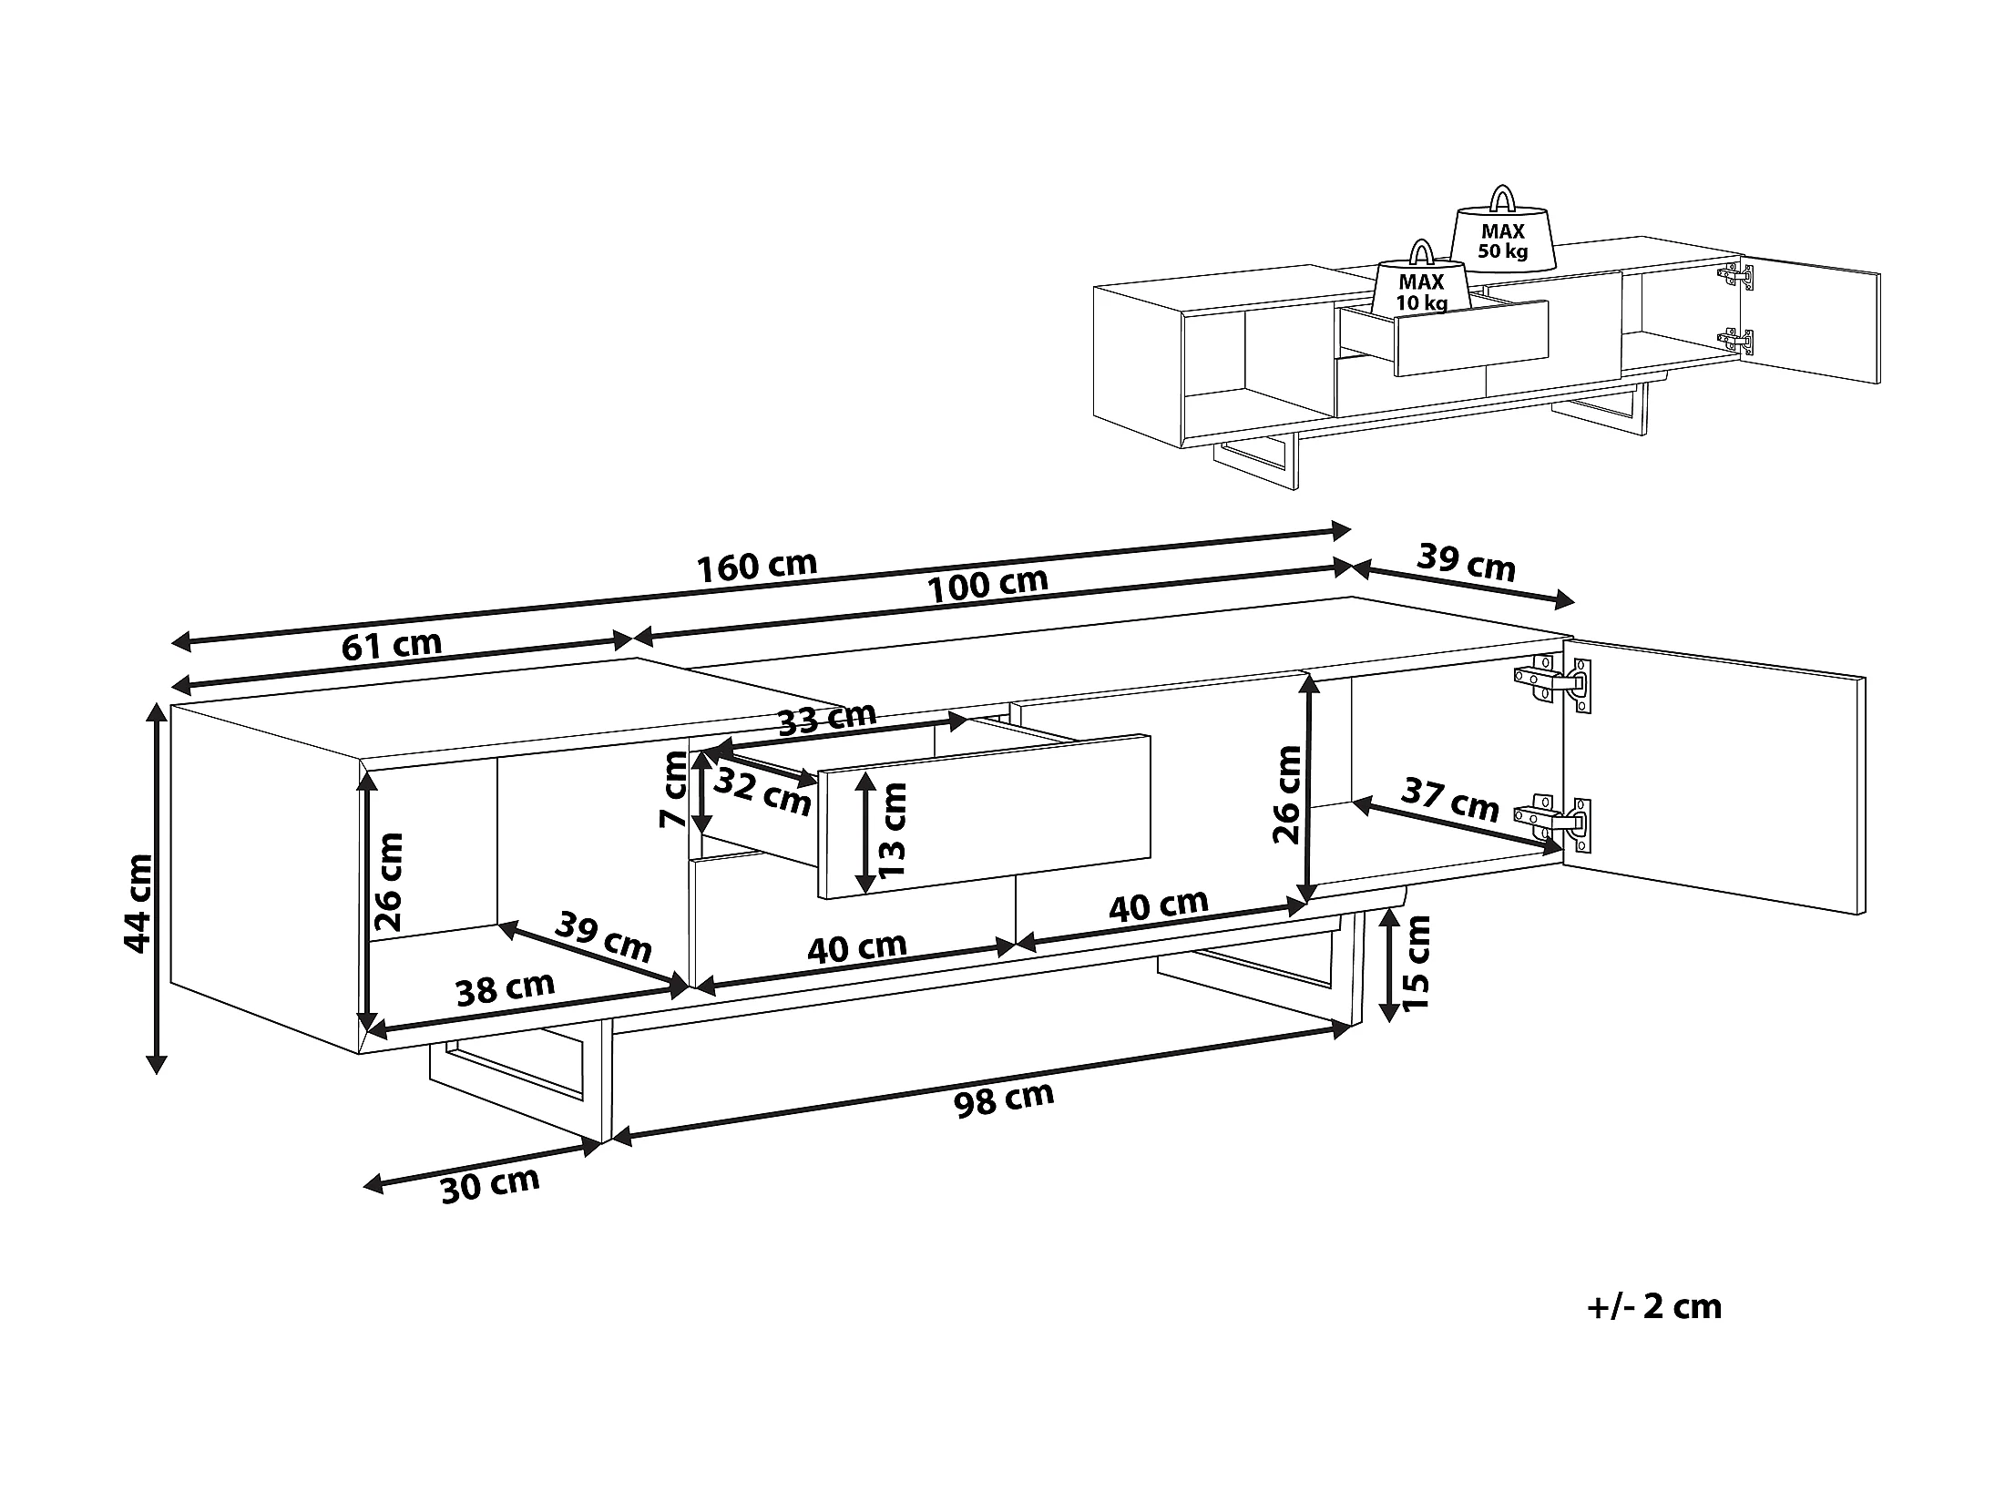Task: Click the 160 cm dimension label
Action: point(757,566)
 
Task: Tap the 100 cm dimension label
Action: point(987,584)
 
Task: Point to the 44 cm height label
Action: point(138,903)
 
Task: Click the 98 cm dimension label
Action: point(1004,1099)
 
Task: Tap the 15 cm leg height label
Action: point(1417,963)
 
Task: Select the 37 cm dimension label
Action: point(1449,799)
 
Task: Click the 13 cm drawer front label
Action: point(894,829)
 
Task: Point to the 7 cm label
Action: point(675,789)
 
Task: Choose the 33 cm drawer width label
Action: point(828,719)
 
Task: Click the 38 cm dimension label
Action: point(506,987)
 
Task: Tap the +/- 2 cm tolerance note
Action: point(1654,1307)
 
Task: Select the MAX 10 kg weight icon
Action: point(1422,278)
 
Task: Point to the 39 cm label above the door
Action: point(1467,564)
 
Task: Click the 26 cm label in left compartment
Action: point(389,881)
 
